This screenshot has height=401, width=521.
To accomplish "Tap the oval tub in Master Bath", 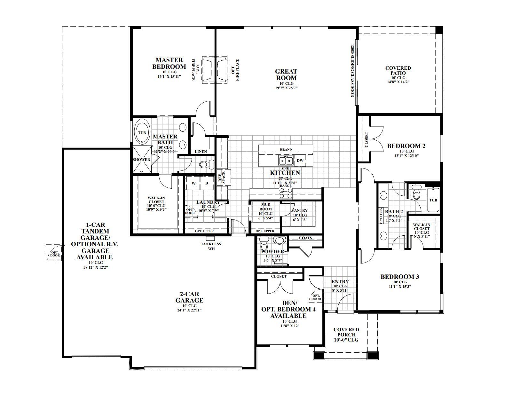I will pos(141,132).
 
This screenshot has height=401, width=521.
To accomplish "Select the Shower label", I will pos(141,160).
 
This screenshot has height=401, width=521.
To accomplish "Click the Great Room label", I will pos(286,75).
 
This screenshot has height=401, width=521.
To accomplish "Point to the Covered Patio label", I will pos(398,70).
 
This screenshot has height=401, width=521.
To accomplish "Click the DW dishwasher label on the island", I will pos(300,161).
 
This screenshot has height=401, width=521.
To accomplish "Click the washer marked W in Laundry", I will pos(193,184).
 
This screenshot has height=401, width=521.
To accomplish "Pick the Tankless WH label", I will pos(211,246).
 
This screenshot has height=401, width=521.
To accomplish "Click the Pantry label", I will pos(300,210).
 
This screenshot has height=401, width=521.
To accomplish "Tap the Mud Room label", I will pos(265,207).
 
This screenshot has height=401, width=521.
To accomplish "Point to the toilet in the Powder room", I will pos(264,245).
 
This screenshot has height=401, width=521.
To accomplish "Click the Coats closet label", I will pos(305,238).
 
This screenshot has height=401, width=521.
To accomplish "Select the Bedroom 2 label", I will pos(406,146).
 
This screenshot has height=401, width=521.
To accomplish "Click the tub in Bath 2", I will pos(433,200).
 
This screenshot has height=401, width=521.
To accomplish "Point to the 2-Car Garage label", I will pos(189,297).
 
